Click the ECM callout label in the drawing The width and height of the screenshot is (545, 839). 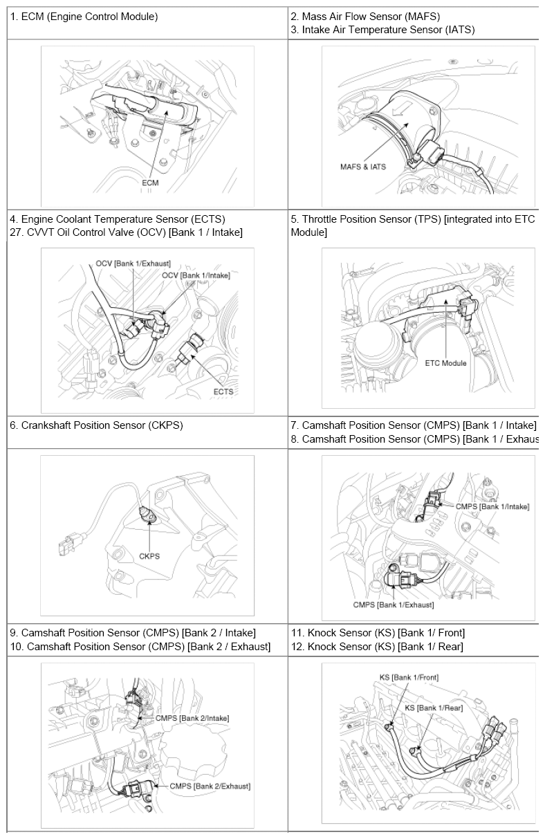[x=150, y=183]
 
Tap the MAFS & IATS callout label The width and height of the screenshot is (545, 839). [x=363, y=167]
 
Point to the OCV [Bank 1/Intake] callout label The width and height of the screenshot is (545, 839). [x=196, y=275]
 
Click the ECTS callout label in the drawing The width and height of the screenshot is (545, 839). [x=223, y=391]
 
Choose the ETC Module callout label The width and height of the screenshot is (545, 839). [x=445, y=363]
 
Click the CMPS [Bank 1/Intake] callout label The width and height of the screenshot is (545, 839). [x=492, y=507]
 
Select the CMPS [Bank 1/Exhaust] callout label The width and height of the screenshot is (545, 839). [x=394, y=605]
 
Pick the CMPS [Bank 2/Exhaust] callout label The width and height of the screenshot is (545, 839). [x=210, y=786]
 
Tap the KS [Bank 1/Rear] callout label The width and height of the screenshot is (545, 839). [x=434, y=708]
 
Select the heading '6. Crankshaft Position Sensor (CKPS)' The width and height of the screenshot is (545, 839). [x=96, y=425]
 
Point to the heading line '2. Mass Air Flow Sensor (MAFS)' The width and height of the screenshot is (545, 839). [x=365, y=17]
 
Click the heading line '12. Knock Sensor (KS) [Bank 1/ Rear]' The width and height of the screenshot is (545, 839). [x=377, y=646]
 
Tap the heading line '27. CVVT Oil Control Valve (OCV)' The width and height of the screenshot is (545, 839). [x=126, y=232]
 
